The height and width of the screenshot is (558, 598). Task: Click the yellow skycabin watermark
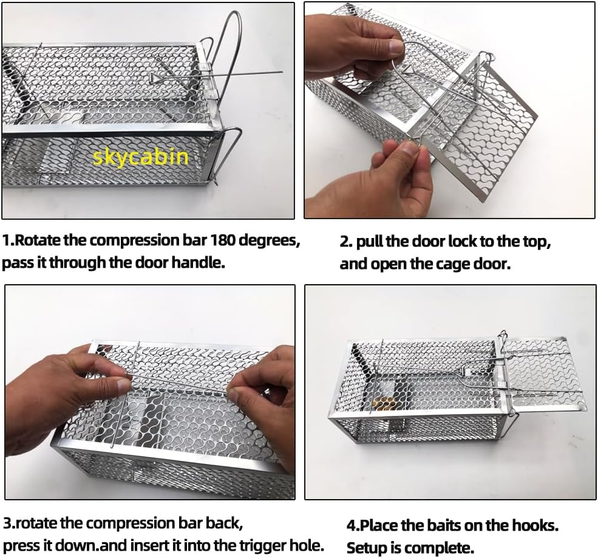tap(141, 157)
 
